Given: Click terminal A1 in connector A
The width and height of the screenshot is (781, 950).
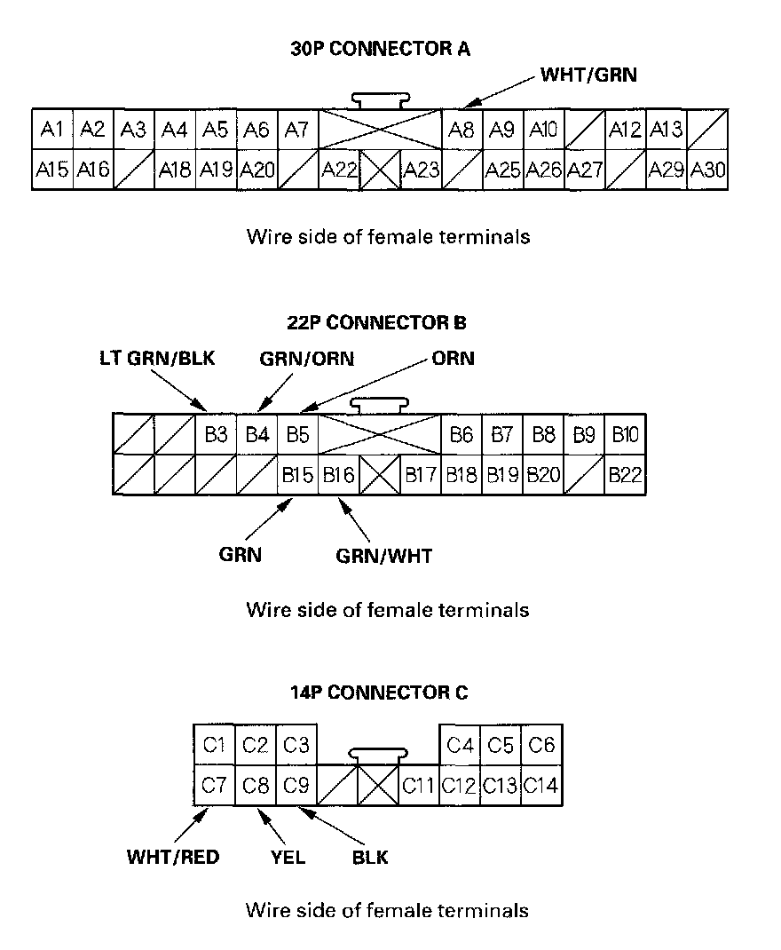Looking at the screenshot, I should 51,130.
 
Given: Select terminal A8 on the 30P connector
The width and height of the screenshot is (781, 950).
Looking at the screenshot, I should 461,130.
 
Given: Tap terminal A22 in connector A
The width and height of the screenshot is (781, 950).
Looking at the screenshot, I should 339,169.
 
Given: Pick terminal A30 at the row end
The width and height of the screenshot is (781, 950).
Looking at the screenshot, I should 707,169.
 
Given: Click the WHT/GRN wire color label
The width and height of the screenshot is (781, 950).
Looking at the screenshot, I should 588,75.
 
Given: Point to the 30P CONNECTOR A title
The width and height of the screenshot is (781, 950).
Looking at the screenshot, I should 381,49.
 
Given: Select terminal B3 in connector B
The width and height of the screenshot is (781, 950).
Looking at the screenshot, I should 216,434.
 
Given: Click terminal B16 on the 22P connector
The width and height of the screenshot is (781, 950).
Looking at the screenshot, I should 338,475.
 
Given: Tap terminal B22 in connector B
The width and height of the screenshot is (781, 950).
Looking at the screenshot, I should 625,475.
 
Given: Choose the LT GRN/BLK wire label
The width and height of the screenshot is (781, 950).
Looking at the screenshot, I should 157,359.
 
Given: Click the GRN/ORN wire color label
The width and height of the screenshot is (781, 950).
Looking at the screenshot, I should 307,359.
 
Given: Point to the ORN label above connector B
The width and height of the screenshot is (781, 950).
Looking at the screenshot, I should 453,359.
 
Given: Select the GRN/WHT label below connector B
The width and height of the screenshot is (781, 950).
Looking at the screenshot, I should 383,557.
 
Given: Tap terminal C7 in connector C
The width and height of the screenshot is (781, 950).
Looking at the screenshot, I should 214,785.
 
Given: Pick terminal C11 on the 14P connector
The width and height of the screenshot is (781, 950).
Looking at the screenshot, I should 419,785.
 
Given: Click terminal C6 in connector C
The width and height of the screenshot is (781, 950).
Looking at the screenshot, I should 541,745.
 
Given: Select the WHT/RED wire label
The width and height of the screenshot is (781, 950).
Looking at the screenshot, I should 173,858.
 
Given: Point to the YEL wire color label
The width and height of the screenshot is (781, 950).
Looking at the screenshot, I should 288,858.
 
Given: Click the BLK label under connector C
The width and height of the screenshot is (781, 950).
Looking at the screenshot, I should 370,858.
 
